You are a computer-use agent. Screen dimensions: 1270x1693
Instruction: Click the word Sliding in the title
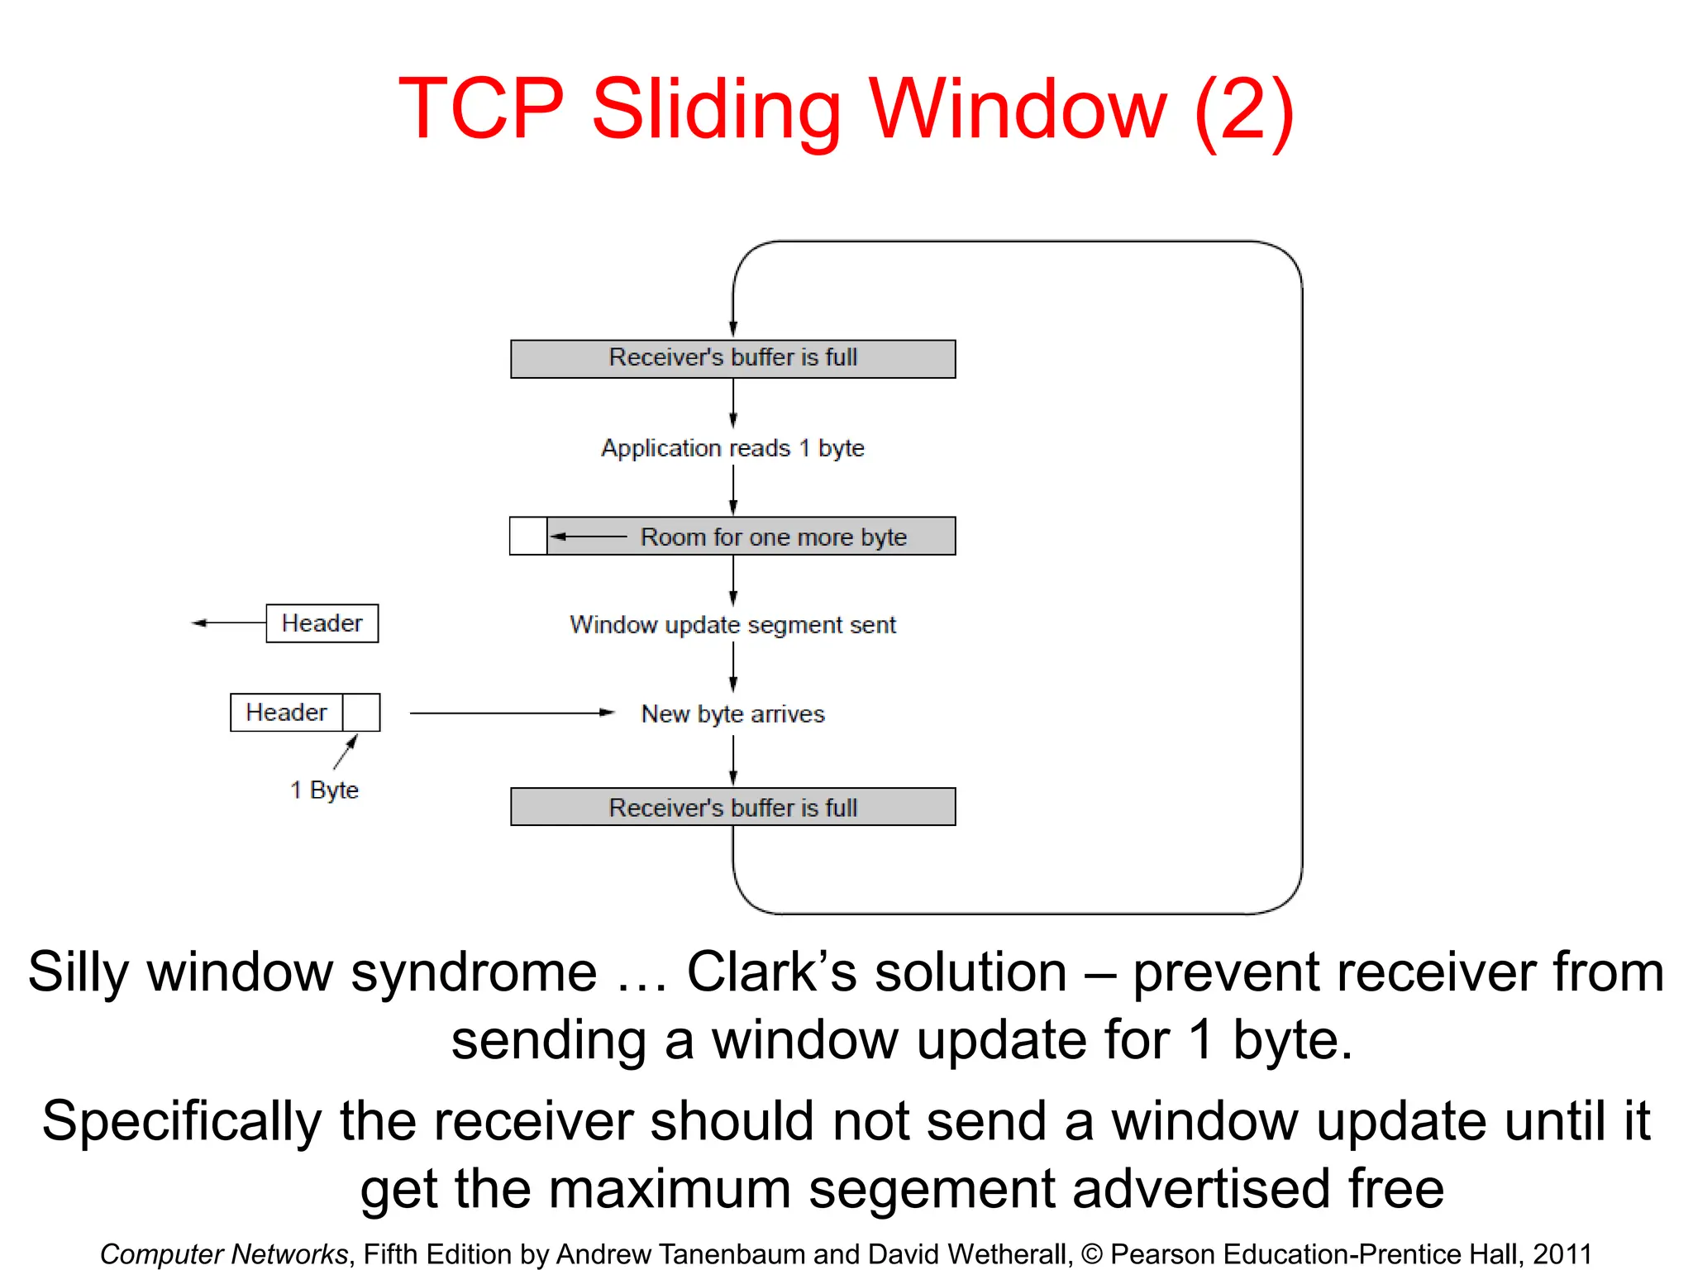pos(715,109)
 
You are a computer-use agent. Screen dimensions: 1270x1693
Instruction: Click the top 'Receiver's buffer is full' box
pos(732,359)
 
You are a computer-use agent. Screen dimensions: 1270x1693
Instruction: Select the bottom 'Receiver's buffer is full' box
pos(732,807)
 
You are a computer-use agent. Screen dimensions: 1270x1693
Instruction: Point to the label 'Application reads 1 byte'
pos(732,448)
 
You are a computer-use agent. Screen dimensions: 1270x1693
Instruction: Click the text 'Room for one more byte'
pos(773,537)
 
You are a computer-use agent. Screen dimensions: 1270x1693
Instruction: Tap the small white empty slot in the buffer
pos(528,536)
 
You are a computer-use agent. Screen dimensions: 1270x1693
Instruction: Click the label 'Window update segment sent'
pos(732,625)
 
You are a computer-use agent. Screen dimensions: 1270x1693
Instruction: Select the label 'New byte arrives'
pos(732,714)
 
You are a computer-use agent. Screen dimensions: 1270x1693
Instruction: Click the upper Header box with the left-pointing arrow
pos(322,623)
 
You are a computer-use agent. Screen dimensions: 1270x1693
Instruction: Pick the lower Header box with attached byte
pos(286,713)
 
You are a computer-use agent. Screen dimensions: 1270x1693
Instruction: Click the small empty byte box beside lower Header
pos(361,713)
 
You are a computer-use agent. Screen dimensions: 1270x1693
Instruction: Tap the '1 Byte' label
pos(324,790)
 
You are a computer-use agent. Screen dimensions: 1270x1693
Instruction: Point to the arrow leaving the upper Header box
pos(227,623)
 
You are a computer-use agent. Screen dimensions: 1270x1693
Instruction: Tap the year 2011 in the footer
pos(1562,1253)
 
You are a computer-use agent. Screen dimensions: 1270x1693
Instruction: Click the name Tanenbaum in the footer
pos(728,1253)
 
